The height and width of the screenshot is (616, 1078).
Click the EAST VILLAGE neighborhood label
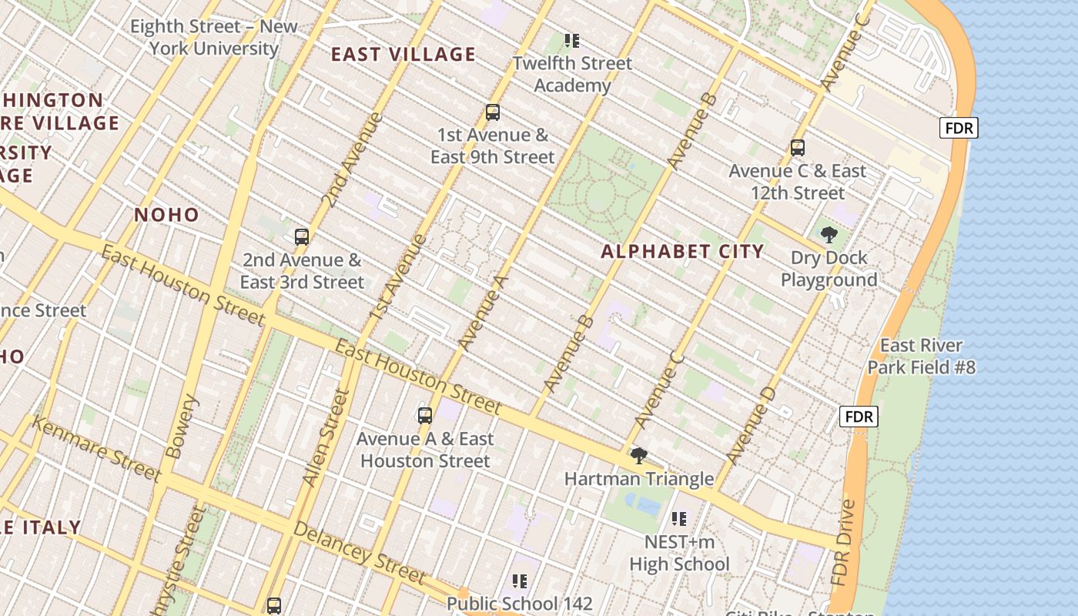(x=403, y=54)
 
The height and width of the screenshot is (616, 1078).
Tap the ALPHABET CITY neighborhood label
(x=682, y=251)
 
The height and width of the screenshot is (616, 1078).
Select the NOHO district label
(x=166, y=215)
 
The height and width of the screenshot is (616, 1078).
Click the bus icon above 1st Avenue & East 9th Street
(x=493, y=112)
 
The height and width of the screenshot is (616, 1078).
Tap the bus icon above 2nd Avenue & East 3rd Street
(x=302, y=237)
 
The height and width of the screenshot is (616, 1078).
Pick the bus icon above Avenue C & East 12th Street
(x=798, y=148)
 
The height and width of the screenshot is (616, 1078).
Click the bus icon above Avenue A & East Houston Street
(x=425, y=416)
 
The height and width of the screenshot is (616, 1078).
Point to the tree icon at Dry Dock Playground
(x=829, y=235)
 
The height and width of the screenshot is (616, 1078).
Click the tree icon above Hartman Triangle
(x=638, y=456)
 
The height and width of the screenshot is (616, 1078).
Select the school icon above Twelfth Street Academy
(x=571, y=40)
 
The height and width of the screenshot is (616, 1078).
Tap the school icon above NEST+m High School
(x=678, y=519)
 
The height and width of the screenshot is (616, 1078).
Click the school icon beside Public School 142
(x=520, y=581)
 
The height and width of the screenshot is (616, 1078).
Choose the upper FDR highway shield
(x=959, y=128)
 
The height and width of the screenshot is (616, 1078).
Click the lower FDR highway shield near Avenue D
(x=859, y=417)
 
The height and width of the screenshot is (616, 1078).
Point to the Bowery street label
(x=181, y=427)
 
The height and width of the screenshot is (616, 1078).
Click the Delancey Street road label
(x=359, y=552)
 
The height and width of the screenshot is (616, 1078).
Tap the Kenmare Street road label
(x=96, y=448)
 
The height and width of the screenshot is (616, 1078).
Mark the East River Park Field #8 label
(x=921, y=357)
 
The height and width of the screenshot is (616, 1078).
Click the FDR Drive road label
(x=845, y=543)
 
